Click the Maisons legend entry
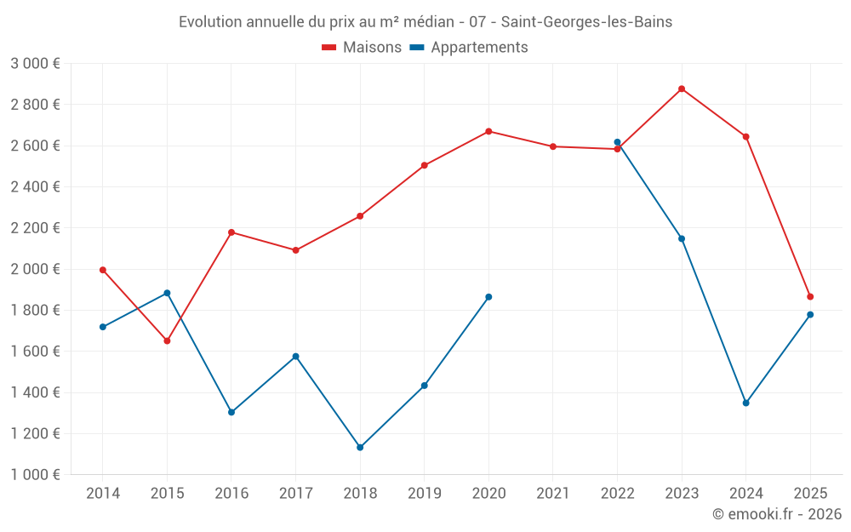point(362,48)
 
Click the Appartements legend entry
point(469,48)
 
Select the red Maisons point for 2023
point(682,89)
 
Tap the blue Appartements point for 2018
point(360,447)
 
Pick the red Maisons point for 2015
point(167,340)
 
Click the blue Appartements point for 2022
point(617,142)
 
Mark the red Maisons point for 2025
point(810,297)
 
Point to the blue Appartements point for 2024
point(745,403)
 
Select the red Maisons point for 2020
point(488,131)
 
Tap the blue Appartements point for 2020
point(488,297)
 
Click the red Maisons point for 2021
point(553,146)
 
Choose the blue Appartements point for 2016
point(231,412)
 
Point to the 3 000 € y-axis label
point(35,64)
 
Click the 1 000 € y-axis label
point(35,475)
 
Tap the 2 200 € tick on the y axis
point(35,228)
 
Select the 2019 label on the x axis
point(425,494)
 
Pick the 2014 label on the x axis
point(103,494)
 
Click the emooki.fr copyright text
point(777,514)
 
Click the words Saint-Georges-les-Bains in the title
point(586,22)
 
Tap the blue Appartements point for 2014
point(103,327)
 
